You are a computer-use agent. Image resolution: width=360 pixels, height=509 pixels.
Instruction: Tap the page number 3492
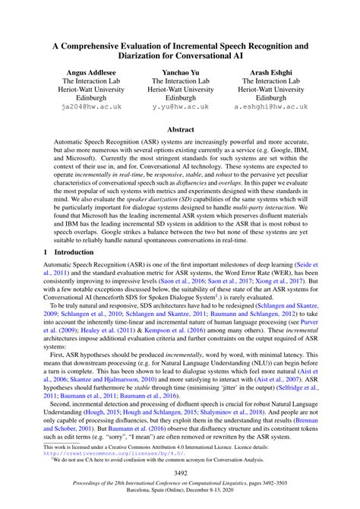click(180, 472)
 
